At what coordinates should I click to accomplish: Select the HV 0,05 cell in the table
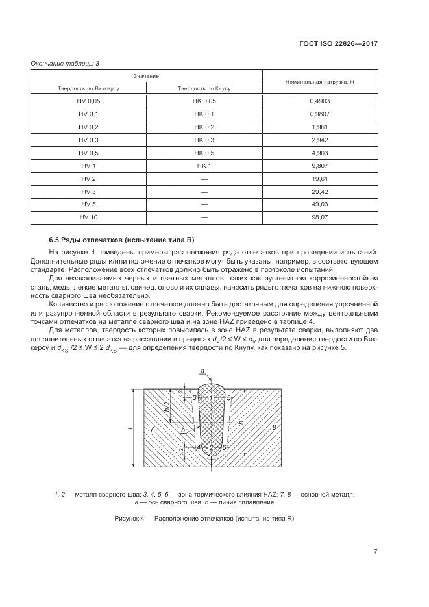[x=89, y=101]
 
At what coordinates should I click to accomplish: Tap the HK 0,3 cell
[x=204, y=140]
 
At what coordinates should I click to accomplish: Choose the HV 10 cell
[x=89, y=217]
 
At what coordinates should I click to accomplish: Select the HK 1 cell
[x=204, y=166]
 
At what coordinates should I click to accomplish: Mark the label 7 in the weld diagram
[x=151, y=430]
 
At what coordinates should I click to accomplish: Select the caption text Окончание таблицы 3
[x=65, y=63]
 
